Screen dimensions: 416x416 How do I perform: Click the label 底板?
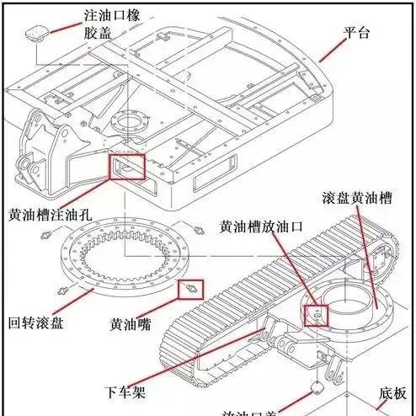click(x=392, y=393)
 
